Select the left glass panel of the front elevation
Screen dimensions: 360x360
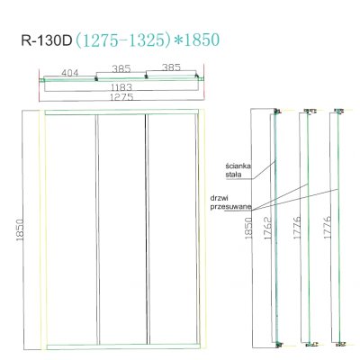point(70,229)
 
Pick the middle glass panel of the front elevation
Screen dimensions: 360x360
point(121,229)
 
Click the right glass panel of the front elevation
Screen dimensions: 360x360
point(169,229)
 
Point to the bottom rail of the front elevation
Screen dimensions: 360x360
point(121,345)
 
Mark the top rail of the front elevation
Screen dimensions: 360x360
point(121,112)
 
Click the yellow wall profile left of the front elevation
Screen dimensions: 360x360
point(39,229)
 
